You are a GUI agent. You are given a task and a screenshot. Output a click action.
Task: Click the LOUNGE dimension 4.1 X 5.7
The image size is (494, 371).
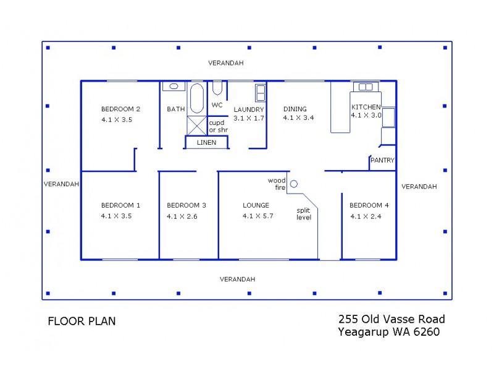[x=257, y=216]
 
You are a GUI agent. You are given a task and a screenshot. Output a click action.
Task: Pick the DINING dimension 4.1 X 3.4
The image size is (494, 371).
[x=299, y=117]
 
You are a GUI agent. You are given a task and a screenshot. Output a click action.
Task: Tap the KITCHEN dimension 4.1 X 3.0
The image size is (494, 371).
[x=366, y=115]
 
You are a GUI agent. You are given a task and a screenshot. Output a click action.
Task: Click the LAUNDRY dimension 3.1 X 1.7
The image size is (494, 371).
[x=249, y=117]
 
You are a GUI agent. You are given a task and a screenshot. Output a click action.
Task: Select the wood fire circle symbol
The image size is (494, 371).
[x=294, y=184]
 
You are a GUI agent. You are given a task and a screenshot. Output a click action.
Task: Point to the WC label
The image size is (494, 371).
[x=217, y=105]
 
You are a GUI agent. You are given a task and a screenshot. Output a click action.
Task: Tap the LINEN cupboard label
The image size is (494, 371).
[x=206, y=143]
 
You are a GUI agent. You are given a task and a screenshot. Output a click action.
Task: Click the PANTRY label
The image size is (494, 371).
[x=382, y=161]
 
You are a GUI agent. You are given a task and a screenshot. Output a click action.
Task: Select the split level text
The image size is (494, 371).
[x=304, y=213]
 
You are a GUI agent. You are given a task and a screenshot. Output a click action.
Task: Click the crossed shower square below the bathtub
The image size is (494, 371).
[x=196, y=125]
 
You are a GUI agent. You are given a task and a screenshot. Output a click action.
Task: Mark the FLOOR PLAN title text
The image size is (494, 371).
[x=82, y=322]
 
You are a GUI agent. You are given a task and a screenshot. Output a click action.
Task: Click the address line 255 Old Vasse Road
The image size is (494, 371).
[x=391, y=320]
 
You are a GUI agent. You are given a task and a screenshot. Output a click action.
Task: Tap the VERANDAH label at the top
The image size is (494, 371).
[x=225, y=63]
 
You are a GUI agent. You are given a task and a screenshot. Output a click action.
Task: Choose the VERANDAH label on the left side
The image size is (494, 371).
[x=61, y=184]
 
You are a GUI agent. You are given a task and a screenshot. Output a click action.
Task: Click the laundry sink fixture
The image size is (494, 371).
[x=261, y=93]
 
